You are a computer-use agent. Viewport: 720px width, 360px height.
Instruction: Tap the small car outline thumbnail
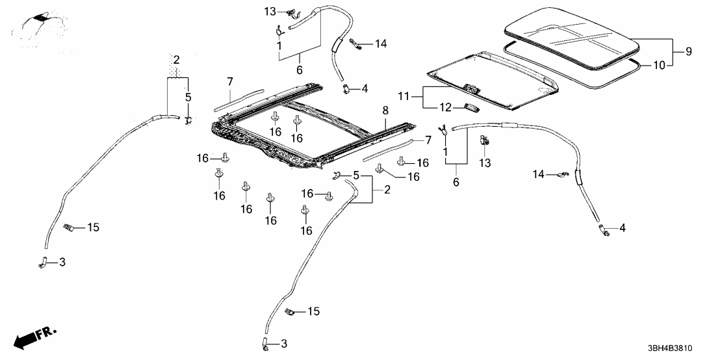pyautogui.click(x=40, y=26)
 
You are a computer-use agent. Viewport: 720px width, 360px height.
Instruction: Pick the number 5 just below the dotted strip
pyautogui.click(x=188, y=97)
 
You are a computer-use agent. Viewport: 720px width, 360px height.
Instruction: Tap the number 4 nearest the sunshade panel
pyautogui.click(x=365, y=88)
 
